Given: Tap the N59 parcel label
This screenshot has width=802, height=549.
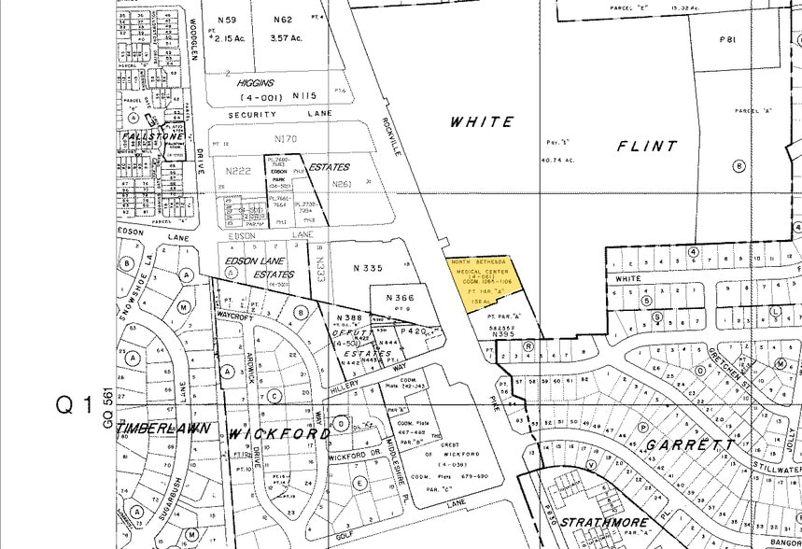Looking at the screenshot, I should coord(226,20).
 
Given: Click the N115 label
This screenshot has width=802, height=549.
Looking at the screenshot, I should coord(304,96).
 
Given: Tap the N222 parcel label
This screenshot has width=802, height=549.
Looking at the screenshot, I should coord(238,171).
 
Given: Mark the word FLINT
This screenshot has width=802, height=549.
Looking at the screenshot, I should coord(646,146).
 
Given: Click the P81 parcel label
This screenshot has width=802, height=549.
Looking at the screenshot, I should coord(728,40).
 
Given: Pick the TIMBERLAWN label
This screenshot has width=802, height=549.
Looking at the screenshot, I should coord(160,423).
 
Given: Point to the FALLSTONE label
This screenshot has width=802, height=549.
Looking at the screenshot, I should coord(153,136).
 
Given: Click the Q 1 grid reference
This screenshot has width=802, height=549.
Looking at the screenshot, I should coord(75,406).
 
